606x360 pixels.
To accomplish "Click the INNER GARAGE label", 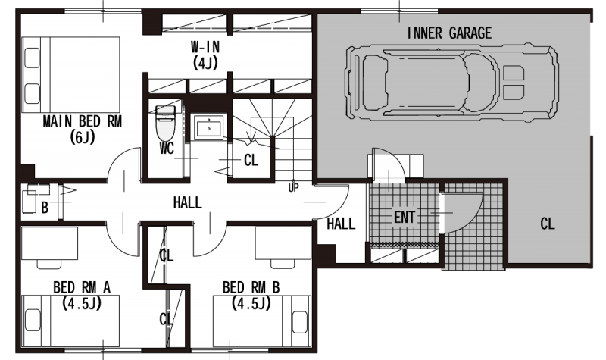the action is [449, 33].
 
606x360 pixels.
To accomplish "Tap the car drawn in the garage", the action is [451, 83].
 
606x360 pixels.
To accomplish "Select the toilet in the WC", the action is [165, 123].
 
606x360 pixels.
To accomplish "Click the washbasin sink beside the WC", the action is [209, 127].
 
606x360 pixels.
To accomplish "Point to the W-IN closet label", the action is [205, 47].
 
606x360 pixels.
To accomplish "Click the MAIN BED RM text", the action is [83, 121].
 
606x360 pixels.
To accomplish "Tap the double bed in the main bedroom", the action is [71, 74].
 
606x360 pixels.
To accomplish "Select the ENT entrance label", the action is [405, 218].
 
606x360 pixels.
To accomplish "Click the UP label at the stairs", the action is [293, 188].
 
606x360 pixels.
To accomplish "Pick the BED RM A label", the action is [82, 288].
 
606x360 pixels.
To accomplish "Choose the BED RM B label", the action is [251, 288].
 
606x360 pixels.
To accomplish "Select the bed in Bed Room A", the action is [70, 321].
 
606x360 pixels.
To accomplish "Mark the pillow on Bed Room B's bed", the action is [300, 321].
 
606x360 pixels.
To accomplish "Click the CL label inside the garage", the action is [548, 224].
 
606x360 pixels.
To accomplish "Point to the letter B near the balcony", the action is [45, 208].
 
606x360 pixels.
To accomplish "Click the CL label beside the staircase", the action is [251, 160].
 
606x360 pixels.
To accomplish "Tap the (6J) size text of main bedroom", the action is [83, 137].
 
